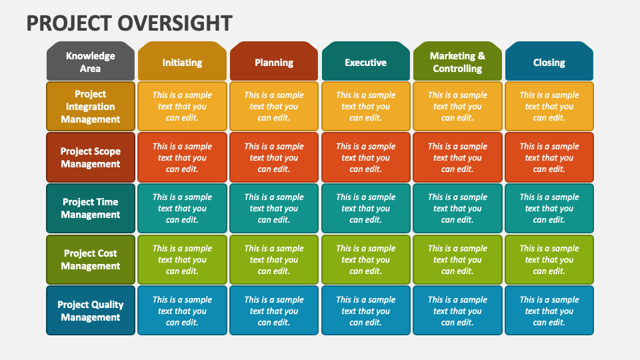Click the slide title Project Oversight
(129, 23)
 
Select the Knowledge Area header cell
(91, 61)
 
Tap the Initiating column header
(182, 61)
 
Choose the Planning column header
(274, 61)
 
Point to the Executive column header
(366, 61)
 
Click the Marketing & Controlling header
(457, 61)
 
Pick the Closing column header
(549, 61)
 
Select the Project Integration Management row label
(91, 106)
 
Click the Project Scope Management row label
(91, 157)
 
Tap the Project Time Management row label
(91, 208)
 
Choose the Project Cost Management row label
(91, 259)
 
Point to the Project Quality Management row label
(91, 311)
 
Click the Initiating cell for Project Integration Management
(182, 106)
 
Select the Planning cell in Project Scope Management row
(274, 157)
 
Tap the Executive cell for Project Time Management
(366, 208)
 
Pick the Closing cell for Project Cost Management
(549, 259)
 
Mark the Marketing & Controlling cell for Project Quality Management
(457, 311)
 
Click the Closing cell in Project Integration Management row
(549, 106)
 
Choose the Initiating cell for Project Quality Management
(182, 311)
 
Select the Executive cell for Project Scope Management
(366, 157)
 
